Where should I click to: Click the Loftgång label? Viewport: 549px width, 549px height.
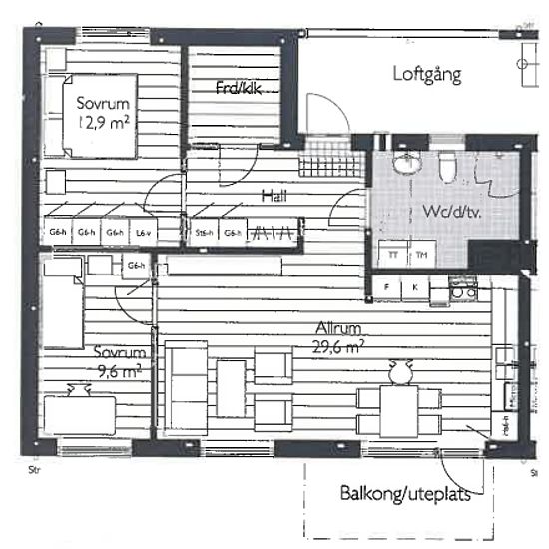point(426,74)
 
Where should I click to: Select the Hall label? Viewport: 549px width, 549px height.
point(274,197)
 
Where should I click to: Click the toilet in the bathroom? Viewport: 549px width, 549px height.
point(448,167)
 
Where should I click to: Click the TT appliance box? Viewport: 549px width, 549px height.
point(393,255)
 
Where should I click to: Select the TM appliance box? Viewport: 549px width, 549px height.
point(421,255)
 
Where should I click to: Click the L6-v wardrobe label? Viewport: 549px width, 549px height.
point(143,233)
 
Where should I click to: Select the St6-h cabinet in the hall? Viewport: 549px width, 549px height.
point(205,233)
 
